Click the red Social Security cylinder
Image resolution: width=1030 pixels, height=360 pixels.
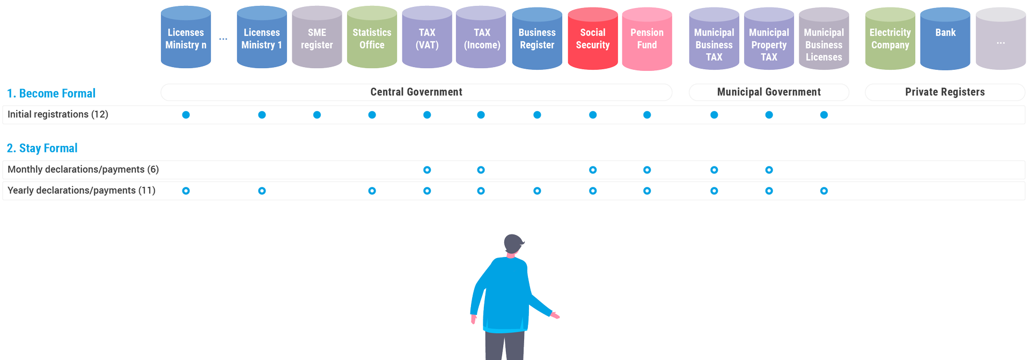tap(593, 39)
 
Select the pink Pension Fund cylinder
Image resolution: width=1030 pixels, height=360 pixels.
tap(647, 39)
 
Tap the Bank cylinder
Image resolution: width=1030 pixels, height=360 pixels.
tap(945, 39)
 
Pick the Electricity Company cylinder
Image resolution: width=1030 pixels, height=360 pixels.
tap(890, 39)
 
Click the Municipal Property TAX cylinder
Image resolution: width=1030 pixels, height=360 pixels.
tap(769, 39)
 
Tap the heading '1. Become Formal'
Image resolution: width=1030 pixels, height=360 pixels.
tap(51, 93)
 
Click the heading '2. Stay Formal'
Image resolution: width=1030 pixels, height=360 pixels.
tap(42, 148)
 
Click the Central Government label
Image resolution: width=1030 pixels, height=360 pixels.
tap(416, 92)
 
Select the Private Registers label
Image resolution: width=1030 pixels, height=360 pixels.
tap(945, 92)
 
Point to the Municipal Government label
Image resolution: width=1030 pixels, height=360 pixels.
tap(769, 92)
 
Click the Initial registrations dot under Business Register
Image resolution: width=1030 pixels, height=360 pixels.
tap(537, 115)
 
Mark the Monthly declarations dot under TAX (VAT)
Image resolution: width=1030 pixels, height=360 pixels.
tap(427, 170)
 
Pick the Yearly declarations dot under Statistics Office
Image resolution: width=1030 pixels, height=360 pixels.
tap(372, 191)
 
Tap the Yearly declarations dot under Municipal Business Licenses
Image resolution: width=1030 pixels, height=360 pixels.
tap(824, 191)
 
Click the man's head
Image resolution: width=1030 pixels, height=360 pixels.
tap(513, 244)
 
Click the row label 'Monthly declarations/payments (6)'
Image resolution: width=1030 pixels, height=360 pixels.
tap(83, 170)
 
